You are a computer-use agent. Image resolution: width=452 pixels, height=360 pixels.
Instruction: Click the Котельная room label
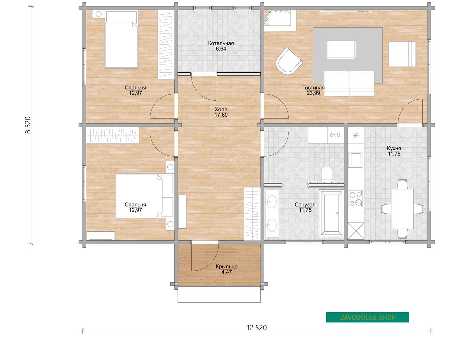click(x=221, y=43)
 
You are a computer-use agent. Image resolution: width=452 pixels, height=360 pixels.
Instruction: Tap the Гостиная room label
click(x=313, y=87)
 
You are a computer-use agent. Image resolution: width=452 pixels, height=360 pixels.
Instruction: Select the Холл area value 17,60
click(x=221, y=115)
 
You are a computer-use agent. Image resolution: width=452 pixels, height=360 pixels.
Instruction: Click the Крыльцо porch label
click(x=227, y=267)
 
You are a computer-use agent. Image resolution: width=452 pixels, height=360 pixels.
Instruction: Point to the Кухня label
click(x=394, y=148)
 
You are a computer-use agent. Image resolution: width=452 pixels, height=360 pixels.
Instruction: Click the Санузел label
click(x=305, y=204)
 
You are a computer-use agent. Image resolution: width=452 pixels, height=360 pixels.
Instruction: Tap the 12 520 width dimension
click(x=257, y=328)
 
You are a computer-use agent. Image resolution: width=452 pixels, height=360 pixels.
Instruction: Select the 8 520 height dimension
click(x=28, y=125)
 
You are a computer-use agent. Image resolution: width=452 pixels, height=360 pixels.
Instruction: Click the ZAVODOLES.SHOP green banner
click(x=367, y=317)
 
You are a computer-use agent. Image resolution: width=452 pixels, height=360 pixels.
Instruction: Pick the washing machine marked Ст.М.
click(x=336, y=135)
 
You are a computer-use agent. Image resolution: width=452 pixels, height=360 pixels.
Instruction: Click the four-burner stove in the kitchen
click(x=356, y=199)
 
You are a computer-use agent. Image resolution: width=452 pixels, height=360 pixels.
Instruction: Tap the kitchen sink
click(x=355, y=160)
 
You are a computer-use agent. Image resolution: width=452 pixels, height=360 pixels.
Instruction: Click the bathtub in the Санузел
click(x=331, y=213)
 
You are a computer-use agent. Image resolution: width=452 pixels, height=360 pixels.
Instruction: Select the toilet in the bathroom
click(x=327, y=174)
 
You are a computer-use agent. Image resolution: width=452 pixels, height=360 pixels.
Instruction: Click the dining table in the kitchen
click(x=402, y=209)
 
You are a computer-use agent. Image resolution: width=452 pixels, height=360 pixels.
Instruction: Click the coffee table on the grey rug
click(x=341, y=50)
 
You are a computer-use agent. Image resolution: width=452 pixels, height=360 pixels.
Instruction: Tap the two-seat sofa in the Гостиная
click(x=349, y=84)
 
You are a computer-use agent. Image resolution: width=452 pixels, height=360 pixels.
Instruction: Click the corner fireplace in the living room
click(x=280, y=20)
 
